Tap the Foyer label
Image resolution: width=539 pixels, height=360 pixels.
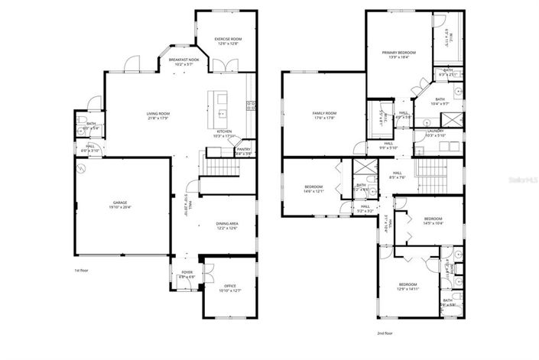pyautogui.click(x=187, y=274)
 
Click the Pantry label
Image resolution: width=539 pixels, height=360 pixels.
pyautogui.click(x=244, y=151)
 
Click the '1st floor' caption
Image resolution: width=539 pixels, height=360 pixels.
pyautogui.click(x=83, y=271)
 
